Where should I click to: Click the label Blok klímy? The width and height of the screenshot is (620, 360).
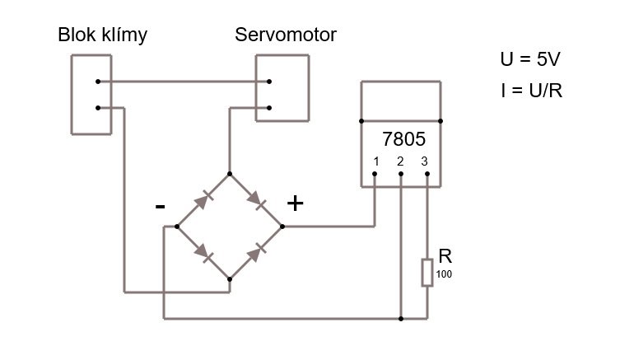click(x=103, y=35)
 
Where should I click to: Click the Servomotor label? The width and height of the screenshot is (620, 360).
click(x=286, y=35)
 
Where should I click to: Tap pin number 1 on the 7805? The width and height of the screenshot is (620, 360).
click(x=375, y=161)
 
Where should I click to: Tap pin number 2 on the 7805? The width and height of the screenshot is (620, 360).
click(x=400, y=161)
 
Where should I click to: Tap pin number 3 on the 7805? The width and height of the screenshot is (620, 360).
click(x=425, y=161)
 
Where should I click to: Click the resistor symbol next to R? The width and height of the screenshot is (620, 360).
click(x=427, y=272)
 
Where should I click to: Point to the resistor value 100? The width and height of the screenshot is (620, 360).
click(x=444, y=274)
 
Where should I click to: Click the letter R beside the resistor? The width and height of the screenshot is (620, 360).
click(x=445, y=256)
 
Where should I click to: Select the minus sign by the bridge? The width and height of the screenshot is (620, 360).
click(x=160, y=206)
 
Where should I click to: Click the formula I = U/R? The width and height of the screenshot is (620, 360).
click(x=531, y=90)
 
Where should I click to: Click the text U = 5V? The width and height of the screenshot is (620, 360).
click(x=531, y=60)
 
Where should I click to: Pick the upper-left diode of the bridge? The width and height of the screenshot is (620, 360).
click(x=201, y=199)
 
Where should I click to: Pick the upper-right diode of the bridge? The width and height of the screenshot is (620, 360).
click(x=256, y=199)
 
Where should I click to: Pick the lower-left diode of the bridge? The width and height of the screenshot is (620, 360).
click(x=201, y=252)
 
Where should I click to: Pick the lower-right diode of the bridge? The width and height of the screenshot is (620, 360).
click(x=256, y=252)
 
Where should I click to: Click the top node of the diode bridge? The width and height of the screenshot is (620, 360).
click(x=229, y=173)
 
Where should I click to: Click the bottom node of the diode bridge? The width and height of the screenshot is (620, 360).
click(x=229, y=278)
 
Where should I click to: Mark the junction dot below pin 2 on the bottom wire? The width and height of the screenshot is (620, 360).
click(x=400, y=317)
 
